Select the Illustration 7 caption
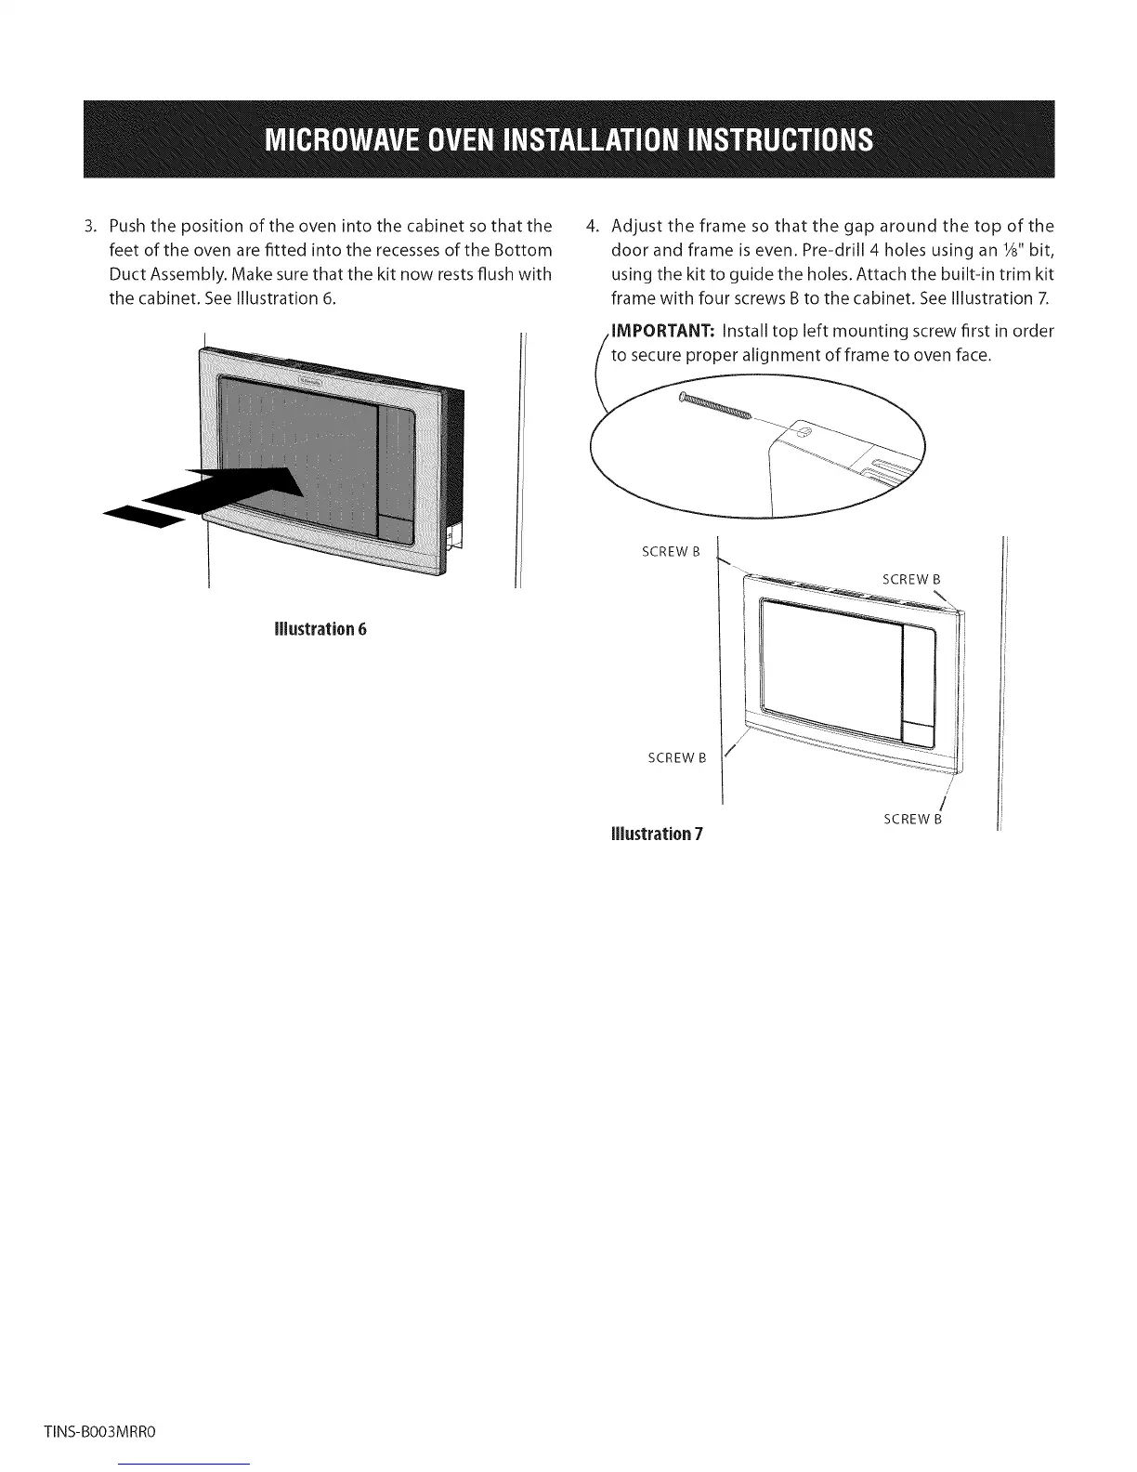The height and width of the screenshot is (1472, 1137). (656, 833)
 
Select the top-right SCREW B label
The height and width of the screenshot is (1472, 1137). (911, 580)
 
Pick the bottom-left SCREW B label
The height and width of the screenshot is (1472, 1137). (676, 757)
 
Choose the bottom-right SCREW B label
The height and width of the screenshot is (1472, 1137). (912, 819)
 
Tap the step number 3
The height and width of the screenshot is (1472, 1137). (89, 227)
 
